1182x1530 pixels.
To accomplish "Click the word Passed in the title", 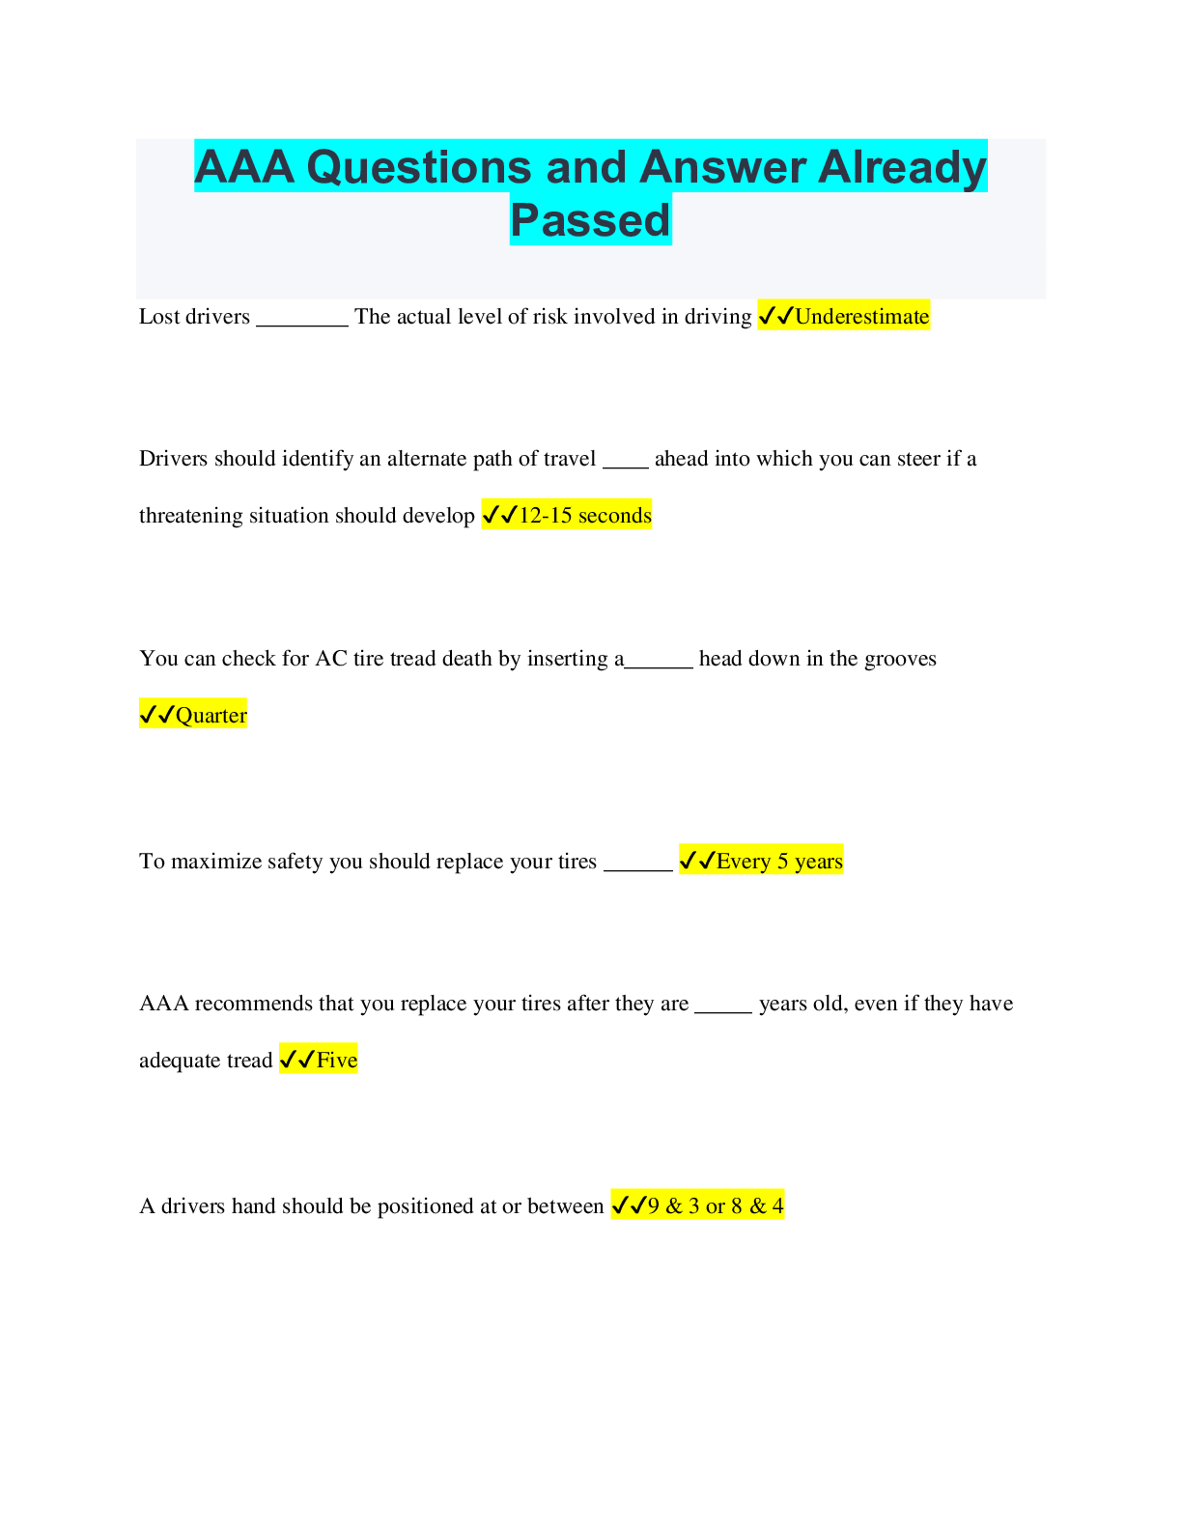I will pos(590,219).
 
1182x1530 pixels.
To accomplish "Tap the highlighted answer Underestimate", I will pos(861,316).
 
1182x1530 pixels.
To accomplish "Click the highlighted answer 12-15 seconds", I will pos(584,515).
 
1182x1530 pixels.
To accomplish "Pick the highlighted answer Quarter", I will pos(211,715).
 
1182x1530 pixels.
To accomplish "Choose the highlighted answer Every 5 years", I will pos(779,861).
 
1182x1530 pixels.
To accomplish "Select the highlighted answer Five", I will pos(337,1060).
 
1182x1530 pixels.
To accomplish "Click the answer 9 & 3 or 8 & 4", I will pos(716,1205).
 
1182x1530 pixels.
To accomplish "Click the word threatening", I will pos(190,515).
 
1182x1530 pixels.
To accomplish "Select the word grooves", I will pos(900,659).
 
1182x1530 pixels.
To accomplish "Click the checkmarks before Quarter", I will pos(156,715).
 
